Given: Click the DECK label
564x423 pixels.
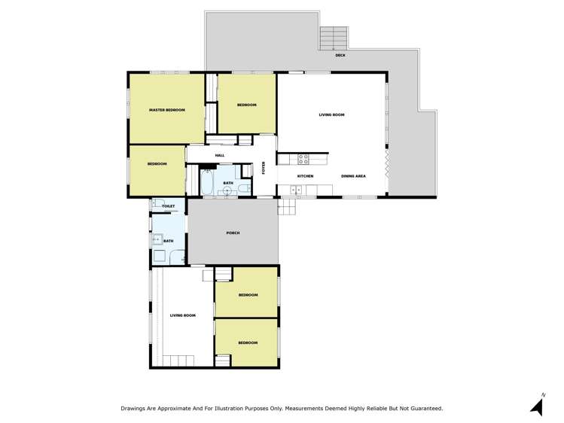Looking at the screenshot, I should tap(340, 55).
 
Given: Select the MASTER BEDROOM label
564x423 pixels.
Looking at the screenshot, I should tap(166, 110).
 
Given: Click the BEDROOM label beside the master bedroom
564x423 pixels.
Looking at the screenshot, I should tap(247, 105).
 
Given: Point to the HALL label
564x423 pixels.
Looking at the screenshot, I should tap(220, 156).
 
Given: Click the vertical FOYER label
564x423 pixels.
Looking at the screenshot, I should tap(264, 168).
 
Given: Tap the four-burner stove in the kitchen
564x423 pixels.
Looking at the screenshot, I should tap(303, 159).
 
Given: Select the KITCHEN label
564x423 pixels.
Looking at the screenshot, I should tap(305, 176).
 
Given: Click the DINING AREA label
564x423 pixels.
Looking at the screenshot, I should tap(353, 176).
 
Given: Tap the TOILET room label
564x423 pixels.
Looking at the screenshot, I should tap(168, 206).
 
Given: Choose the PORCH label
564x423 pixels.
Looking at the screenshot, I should tap(233, 233).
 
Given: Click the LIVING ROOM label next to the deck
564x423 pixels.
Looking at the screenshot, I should tap(331, 114).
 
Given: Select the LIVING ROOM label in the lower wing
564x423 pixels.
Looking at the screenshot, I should tap(182, 315).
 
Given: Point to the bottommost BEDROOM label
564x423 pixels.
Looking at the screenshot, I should tap(248, 342).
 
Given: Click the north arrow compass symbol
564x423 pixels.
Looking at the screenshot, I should tap(537, 405).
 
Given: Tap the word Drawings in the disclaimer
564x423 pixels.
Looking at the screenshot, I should tap(134, 408).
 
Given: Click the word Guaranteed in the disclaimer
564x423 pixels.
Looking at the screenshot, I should tap(427, 408).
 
